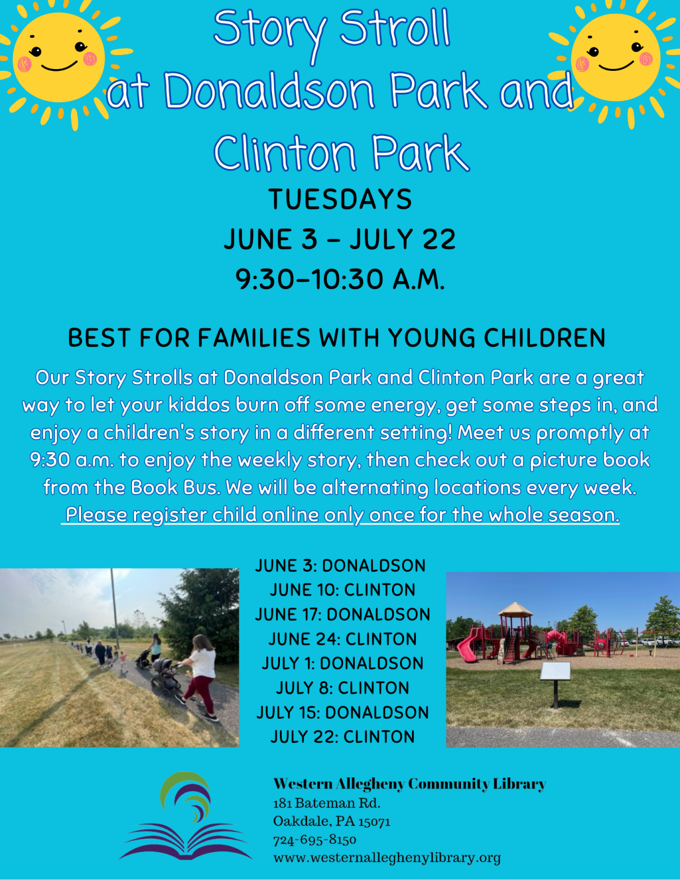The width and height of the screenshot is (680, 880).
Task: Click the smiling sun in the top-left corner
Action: coord(58,57)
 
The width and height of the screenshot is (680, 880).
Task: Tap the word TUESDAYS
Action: coord(340,199)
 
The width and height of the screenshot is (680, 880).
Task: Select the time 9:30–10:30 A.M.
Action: coord(340,279)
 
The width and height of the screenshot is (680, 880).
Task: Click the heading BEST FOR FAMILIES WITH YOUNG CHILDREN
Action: coord(337,338)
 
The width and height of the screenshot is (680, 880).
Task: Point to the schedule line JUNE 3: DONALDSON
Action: coord(340,566)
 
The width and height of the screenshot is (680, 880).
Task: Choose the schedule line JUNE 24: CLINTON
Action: coord(342,639)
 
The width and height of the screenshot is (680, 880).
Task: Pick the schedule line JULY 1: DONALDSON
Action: coord(342,664)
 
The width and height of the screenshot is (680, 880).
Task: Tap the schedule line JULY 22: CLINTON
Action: coord(342,737)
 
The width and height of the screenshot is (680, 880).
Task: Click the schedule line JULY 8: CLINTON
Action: coord(342,688)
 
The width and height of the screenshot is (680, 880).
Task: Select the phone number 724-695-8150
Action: coord(314,840)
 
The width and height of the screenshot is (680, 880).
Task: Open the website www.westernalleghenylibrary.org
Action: coord(387,858)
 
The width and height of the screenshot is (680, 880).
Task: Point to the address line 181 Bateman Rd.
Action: coord(327,803)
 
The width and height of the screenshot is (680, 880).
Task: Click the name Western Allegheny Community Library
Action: coord(409,784)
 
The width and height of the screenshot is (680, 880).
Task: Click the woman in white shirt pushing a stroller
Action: coord(200,674)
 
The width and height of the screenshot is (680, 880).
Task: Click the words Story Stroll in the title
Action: coord(331,29)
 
